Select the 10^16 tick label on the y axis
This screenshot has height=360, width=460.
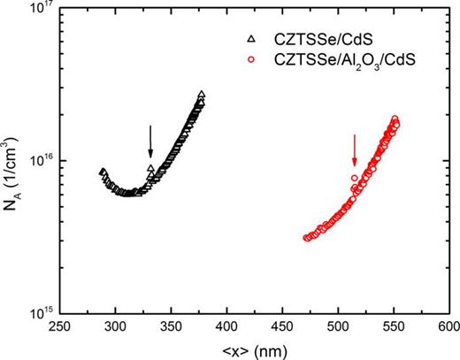39,161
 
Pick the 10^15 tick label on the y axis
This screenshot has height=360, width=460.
39,310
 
